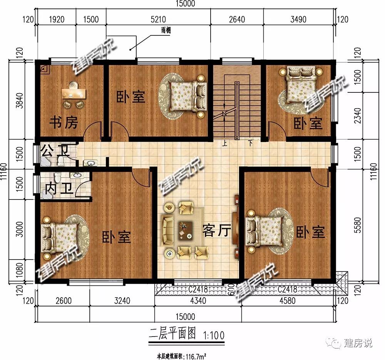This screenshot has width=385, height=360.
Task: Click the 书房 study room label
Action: [64, 122]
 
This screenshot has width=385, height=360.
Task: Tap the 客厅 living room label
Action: [216, 231]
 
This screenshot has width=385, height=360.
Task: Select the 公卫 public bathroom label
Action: [55, 151]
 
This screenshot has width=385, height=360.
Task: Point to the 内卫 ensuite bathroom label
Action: [59, 189]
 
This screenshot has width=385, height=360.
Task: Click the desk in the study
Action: [74, 94]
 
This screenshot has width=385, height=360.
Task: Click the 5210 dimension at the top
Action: [158, 19]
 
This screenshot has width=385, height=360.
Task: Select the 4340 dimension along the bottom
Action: [198, 301]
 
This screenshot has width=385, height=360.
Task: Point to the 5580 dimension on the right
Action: [358, 225]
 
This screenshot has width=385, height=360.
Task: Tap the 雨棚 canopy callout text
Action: [166, 30]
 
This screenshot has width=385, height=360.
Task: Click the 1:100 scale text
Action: [214, 335]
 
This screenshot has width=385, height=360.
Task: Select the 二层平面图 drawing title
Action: [172, 334]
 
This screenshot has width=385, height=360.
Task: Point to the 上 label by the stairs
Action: [225, 143]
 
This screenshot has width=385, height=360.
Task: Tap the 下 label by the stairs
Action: [250, 143]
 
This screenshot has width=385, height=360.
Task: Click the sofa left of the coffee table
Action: [167, 230]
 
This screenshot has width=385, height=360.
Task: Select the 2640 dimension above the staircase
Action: [237, 19]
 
